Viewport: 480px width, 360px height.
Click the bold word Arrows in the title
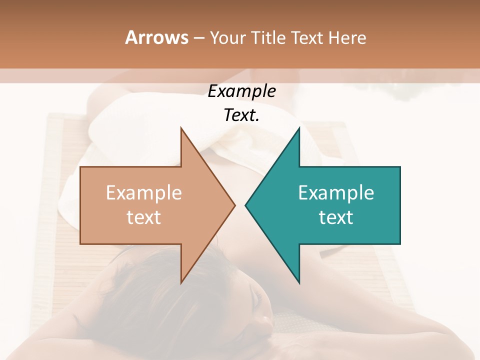pos(157,37)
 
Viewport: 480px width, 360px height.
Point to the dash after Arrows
pos(199,38)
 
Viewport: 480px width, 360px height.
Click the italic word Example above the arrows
pos(241,91)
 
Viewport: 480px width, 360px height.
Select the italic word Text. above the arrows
pos(241,115)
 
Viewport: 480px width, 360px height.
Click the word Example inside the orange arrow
pos(143,193)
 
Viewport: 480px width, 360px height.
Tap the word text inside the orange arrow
pos(143,217)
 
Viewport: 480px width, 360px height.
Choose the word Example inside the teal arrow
pos(336,193)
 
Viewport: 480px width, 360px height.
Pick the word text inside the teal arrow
pos(336,217)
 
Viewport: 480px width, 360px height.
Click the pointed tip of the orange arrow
pos(234,205)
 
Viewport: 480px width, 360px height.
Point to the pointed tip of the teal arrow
pos(245,205)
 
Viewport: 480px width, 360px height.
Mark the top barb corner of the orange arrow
pos(181,128)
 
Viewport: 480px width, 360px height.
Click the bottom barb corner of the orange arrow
pos(181,283)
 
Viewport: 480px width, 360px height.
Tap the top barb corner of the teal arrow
pos(299,128)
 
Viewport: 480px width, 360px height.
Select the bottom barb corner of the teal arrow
pos(299,283)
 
